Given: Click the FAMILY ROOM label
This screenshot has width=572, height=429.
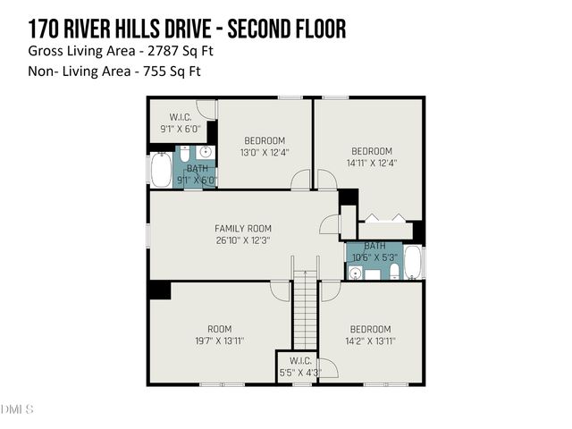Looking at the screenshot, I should click(x=242, y=229).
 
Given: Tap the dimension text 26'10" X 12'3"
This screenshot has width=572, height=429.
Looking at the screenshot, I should click(x=242, y=240).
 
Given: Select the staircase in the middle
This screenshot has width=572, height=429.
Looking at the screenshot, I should click(x=305, y=307).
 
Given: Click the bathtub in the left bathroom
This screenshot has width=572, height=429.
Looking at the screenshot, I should click(x=161, y=170).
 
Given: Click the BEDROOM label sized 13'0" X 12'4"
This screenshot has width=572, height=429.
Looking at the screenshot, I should click(x=265, y=140).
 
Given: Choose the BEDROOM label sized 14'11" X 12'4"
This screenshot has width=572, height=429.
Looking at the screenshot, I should click(x=371, y=151).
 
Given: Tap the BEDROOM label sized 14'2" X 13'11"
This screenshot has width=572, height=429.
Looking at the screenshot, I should click(x=370, y=329).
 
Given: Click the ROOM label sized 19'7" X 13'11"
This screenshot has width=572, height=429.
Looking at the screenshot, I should click(x=219, y=329).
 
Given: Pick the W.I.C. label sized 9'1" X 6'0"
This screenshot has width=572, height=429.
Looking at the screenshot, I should click(x=182, y=117).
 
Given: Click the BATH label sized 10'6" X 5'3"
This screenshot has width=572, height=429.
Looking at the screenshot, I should click(x=374, y=246).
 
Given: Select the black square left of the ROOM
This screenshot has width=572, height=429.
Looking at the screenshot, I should click(x=160, y=290).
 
